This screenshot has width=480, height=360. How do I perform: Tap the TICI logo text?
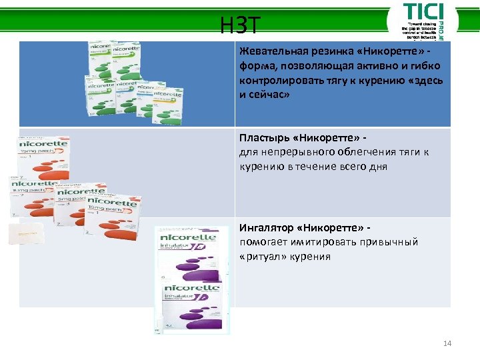(x=422, y=13)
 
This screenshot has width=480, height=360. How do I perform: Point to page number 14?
(x=447, y=343)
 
